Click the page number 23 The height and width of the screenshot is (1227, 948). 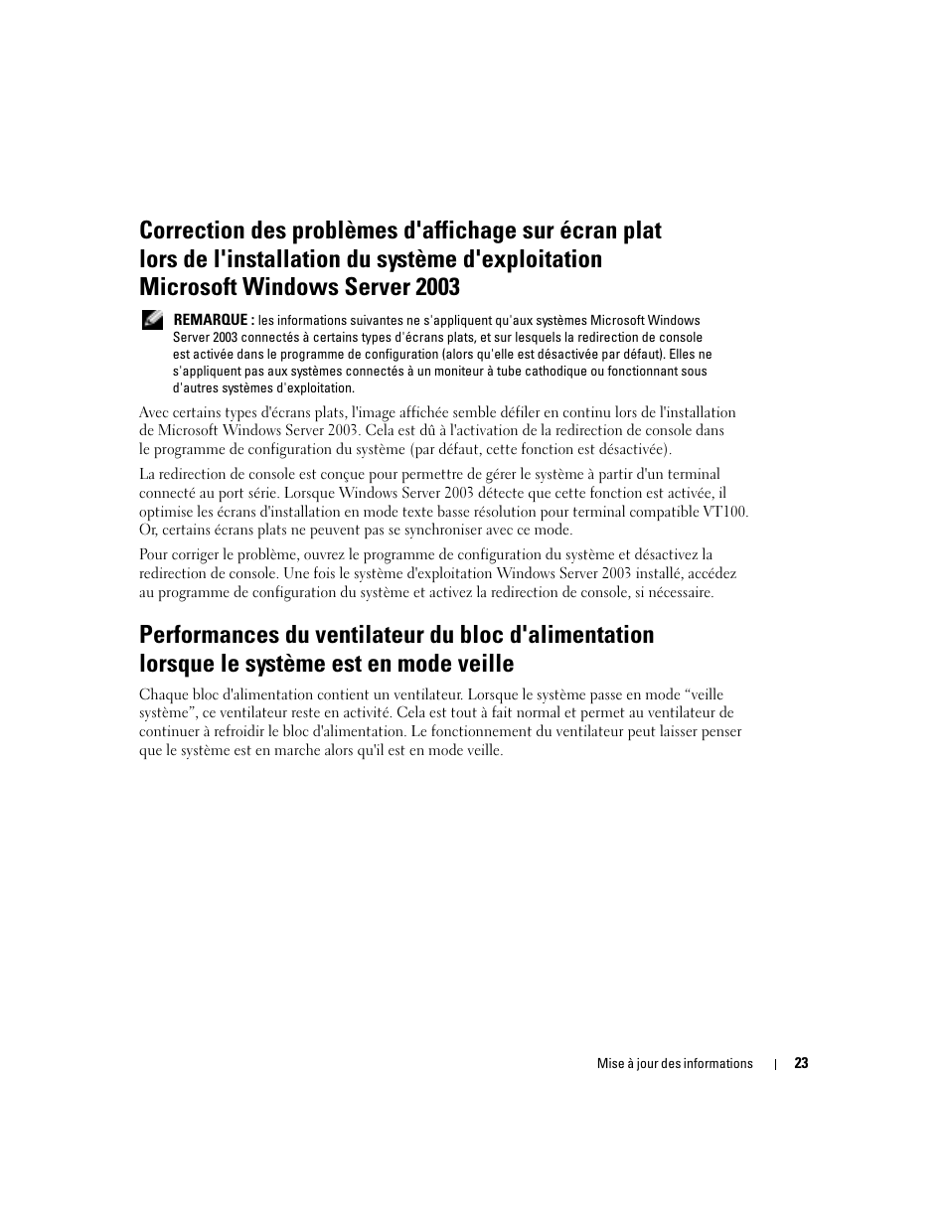(x=801, y=1063)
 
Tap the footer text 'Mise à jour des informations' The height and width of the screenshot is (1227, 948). (x=675, y=1063)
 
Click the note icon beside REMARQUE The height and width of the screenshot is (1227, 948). (x=151, y=320)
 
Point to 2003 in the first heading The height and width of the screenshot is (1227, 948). (x=437, y=287)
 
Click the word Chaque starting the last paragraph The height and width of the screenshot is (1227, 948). (x=163, y=694)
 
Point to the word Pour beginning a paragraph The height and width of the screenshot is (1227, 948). (x=153, y=554)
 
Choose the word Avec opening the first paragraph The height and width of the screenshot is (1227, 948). (x=154, y=412)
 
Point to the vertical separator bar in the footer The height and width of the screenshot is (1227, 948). (x=775, y=1064)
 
